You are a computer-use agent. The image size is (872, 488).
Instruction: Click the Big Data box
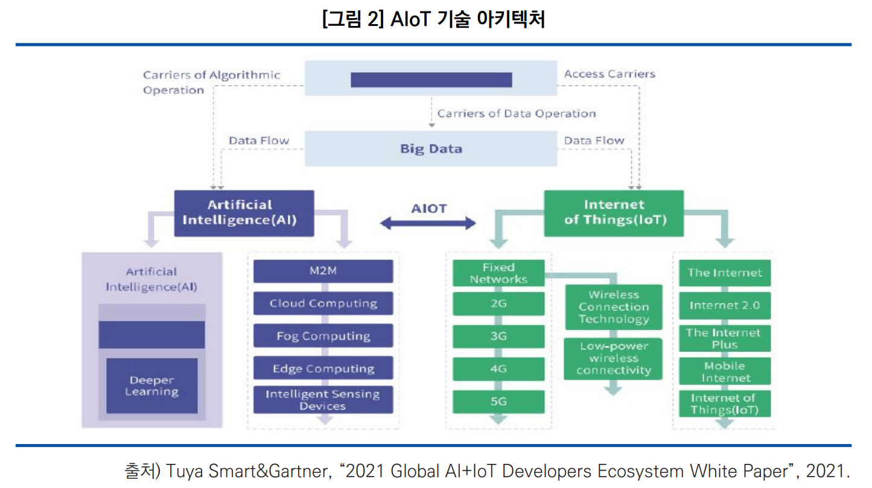click(431, 149)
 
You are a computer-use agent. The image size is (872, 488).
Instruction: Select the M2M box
click(323, 271)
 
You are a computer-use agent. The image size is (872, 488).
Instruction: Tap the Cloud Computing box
click(323, 303)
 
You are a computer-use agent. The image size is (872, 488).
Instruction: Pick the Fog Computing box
click(323, 336)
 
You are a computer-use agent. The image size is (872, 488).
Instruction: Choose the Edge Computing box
click(323, 369)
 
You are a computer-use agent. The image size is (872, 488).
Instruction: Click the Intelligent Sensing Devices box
click(323, 400)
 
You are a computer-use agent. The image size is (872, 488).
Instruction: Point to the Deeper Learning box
click(151, 386)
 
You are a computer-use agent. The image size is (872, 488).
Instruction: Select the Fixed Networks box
click(498, 273)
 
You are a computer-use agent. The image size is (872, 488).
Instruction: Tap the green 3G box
click(498, 336)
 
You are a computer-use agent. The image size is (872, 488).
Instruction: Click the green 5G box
click(498, 401)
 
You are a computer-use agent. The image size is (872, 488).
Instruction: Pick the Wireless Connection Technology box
click(613, 307)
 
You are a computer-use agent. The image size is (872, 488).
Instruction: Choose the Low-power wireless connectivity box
click(613, 359)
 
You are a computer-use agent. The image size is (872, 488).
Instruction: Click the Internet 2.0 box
click(724, 305)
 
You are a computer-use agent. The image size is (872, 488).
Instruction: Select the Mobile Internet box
click(724, 372)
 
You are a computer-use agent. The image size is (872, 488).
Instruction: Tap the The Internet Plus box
click(724, 338)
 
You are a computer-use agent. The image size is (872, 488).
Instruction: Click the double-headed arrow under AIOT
click(428, 224)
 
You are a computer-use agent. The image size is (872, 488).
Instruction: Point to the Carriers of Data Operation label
click(516, 113)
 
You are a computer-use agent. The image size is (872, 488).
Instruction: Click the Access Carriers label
click(609, 74)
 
